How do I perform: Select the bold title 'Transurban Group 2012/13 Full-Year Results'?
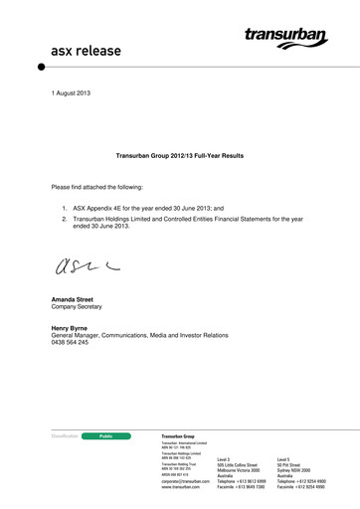click(180, 156)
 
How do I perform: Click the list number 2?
click(64, 219)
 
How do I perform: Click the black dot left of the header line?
click(41, 67)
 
